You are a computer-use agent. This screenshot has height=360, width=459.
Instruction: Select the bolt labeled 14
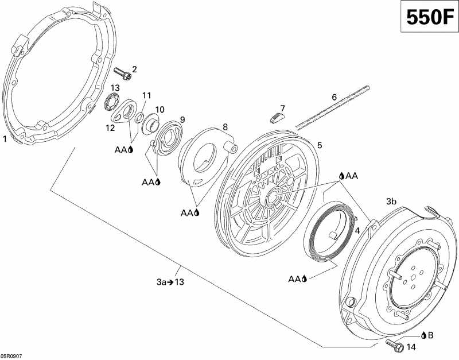(x=393, y=344)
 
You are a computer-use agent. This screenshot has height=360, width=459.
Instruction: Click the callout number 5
(x=320, y=145)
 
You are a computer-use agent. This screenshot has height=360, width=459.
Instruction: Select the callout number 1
(x=5, y=138)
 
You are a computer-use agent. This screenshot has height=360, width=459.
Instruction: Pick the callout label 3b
(x=391, y=202)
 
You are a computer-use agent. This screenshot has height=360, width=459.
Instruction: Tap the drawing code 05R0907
(x=11, y=355)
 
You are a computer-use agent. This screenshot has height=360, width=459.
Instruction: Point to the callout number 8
(x=225, y=126)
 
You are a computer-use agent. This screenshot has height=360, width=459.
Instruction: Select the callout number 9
(x=182, y=119)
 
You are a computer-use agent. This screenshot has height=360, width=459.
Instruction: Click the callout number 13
(x=115, y=87)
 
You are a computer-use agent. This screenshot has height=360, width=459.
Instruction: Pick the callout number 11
(x=146, y=95)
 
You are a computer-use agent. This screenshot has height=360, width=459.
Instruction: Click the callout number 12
(x=110, y=127)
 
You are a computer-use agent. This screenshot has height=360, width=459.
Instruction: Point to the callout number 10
(x=160, y=109)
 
